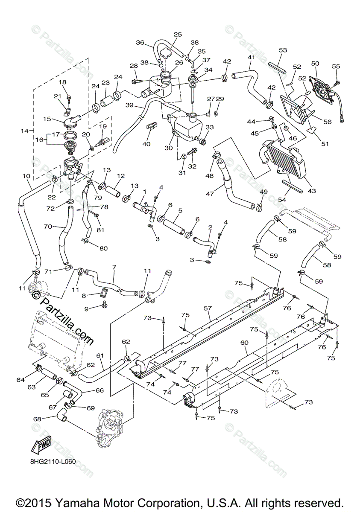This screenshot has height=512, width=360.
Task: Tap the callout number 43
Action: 312,190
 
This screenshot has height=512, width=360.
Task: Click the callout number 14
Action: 24,131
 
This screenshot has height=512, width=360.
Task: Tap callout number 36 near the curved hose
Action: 140,43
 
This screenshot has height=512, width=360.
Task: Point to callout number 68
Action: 37,419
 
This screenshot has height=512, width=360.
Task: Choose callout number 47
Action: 210,194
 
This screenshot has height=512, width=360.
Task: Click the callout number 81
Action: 100,230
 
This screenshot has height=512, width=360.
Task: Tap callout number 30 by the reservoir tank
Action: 169,148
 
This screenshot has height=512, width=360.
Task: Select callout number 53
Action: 283,50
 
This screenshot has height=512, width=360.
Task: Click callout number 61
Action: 100,355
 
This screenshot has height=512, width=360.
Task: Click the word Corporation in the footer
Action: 160,503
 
